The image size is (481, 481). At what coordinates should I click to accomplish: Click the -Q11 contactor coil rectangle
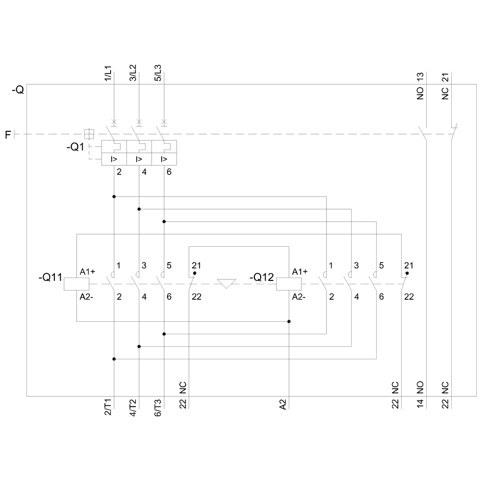[71, 284]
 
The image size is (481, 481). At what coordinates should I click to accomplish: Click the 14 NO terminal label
[420, 395]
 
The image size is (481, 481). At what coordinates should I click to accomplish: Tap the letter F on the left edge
[8, 135]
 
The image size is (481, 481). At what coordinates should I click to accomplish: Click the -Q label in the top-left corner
[17, 90]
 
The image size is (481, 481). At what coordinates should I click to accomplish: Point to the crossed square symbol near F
[89, 134]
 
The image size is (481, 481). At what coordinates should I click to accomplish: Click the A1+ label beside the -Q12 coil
[300, 272]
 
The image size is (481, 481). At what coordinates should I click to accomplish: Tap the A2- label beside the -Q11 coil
[87, 296]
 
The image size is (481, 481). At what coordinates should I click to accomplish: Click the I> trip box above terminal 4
[139, 159]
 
